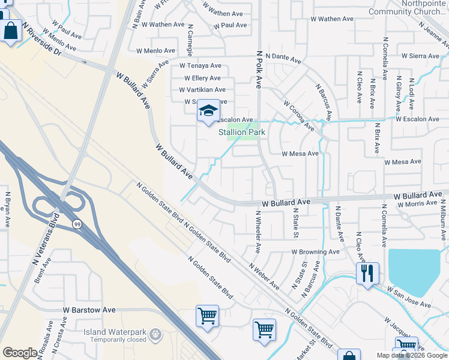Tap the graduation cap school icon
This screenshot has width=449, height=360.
pyautogui.click(x=208, y=110)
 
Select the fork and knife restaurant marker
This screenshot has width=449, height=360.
pyautogui.click(x=367, y=274)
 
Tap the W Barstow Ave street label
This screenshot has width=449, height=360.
pyautogui.click(x=89, y=310)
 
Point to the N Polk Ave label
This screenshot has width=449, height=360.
pyautogui.click(x=260, y=69)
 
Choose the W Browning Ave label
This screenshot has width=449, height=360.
pyautogui.click(x=316, y=253)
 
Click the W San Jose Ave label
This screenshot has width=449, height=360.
pyautogui.click(x=408, y=298)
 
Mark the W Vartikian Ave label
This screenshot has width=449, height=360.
pyautogui.click(x=202, y=90)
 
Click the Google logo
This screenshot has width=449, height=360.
pyautogui.click(x=20, y=353)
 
